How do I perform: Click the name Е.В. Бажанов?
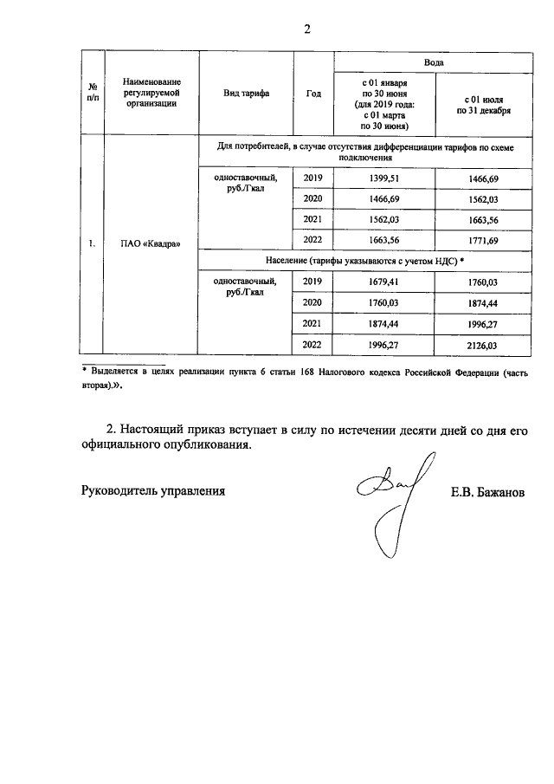[x=487, y=490]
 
